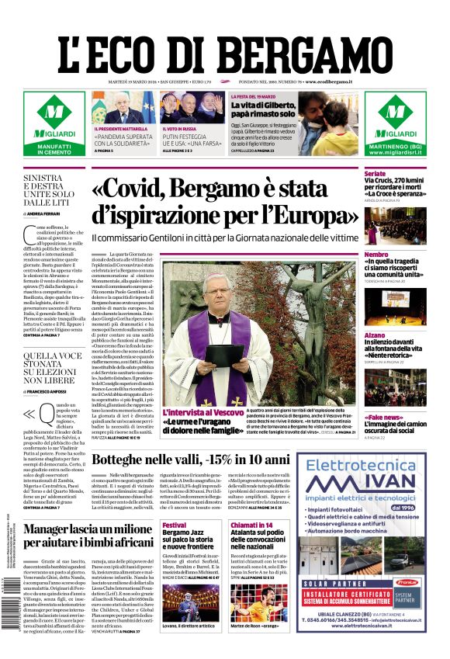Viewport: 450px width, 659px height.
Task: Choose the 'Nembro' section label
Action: click(376, 255)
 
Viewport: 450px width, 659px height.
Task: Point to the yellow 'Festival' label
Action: click(175, 525)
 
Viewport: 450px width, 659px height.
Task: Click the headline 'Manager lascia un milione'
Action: click(87, 530)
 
